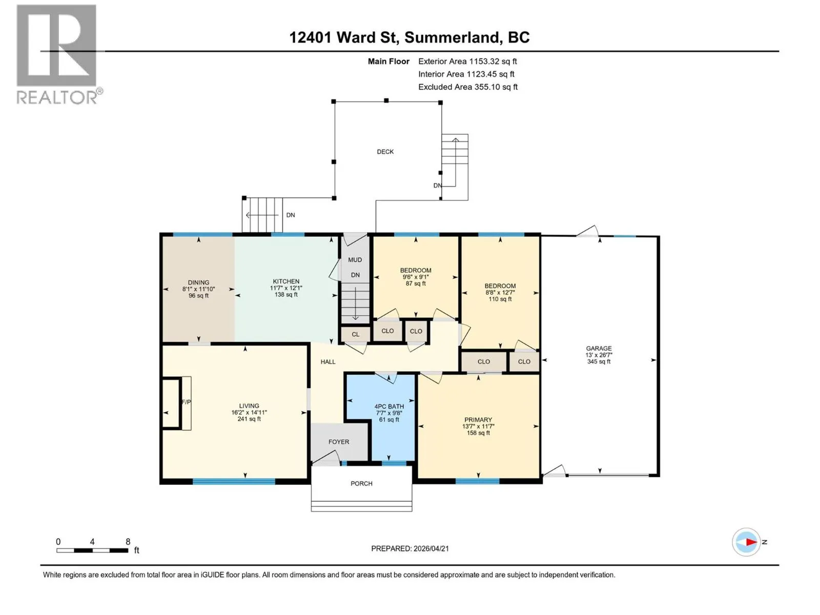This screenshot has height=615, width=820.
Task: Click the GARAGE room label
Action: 599,348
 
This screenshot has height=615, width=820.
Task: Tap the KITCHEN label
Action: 286,281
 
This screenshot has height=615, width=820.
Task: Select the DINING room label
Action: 198,282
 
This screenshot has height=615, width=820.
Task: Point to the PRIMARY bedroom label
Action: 478,420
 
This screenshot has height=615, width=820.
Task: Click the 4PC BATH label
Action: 389,406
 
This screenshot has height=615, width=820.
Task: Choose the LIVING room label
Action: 249,405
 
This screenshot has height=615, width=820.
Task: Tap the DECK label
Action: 385,152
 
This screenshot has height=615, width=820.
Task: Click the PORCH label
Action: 361,483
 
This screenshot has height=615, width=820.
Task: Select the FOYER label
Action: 339,441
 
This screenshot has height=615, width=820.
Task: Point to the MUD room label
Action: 355,259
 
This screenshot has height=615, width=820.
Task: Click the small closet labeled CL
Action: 355,334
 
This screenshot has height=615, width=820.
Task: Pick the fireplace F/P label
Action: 186,402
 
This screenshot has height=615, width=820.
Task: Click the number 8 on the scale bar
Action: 128,541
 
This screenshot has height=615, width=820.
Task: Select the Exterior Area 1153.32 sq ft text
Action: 467,61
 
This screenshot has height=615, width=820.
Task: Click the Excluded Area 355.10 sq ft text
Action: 468,87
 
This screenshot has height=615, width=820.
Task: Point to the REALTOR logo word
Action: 57,97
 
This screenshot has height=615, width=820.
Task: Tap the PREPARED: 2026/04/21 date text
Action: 410,548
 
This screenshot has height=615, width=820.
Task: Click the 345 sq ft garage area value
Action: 599,361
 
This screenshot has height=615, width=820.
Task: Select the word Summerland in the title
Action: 452,37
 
